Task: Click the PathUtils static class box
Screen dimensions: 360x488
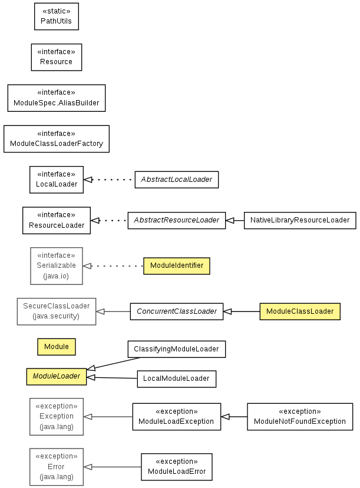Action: click(57, 16)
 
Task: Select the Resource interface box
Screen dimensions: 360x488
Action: click(57, 57)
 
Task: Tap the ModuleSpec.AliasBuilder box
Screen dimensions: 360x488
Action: click(57, 98)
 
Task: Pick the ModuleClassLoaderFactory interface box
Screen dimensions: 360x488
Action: click(57, 139)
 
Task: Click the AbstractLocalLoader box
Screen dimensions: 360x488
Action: click(177, 180)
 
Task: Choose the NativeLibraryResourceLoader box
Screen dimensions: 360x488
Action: click(300, 220)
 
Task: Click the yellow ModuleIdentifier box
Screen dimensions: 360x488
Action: click(177, 266)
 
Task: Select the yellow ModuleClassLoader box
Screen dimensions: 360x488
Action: click(300, 311)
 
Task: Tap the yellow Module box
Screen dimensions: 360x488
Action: click(57, 347)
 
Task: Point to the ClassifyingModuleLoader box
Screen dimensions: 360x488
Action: click(177, 349)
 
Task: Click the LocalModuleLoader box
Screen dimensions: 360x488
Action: click(177, 379)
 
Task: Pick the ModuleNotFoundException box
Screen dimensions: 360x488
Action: click(300, 417)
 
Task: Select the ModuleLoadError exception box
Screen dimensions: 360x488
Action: click(177, 467)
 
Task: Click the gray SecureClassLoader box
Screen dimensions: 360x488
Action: click(57, 311)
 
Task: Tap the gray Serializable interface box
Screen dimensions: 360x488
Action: click(57, 266)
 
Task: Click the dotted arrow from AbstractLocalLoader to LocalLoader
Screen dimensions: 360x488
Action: click(109, 180)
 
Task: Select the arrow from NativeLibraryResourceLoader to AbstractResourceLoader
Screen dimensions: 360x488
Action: click(235, 220)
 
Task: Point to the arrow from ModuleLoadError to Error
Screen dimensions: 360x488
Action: click(112, 467)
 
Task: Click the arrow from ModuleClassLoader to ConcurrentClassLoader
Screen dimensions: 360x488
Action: click(242, 311)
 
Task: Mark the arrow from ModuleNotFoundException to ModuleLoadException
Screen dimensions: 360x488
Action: click(234, 417)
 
